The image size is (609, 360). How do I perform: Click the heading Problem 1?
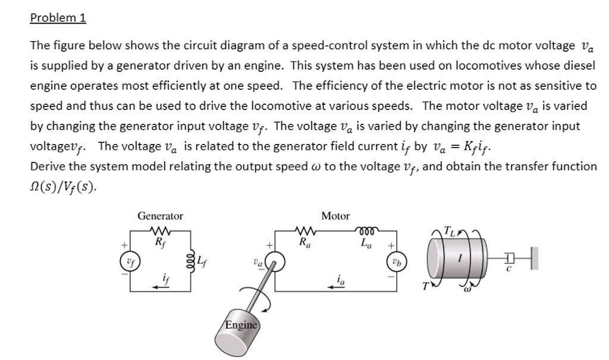(x=58, y=18)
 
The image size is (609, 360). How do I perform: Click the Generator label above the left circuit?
(x=160, y=216)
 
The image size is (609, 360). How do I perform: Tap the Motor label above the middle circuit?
(x=335, y=216)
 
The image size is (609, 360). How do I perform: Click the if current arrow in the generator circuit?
(x=160, y=285)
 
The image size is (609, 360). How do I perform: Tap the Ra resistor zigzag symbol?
(x=304, y=231)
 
